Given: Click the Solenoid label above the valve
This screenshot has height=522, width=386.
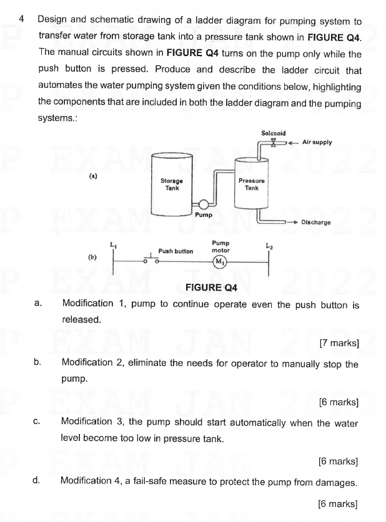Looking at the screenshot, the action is (x=273, y=133).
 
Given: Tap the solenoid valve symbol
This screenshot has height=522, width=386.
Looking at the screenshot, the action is (x=273, y=143).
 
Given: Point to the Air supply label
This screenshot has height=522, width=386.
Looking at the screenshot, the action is (x=317, y=142).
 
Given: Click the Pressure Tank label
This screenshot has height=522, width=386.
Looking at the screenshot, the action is (x=252, y=184).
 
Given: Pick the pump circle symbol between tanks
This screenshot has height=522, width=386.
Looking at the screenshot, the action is (x=203, y=204).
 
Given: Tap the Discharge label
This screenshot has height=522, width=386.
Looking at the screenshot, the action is (x=315, y=221).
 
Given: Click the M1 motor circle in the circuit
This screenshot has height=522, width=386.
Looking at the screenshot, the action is (x=220, y=261).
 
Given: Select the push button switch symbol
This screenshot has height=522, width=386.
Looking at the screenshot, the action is (x=152, y=259).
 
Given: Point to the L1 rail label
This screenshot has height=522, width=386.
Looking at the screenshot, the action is (x=113, y=244).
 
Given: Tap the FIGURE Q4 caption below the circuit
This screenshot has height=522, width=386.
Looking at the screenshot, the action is (x=212, y=288).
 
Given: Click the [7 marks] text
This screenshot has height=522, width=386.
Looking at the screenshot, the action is (x=338, y=342).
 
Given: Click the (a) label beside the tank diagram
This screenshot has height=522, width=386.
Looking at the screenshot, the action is (x=93, y=176).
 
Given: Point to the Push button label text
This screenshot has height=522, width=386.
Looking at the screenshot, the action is (x=176, y=251).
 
